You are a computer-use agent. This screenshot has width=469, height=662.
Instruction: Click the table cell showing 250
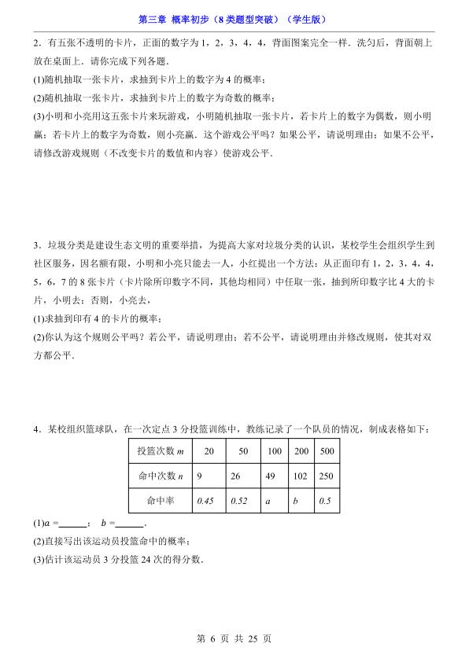point(327,476)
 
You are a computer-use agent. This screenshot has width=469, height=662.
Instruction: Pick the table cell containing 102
point(301,476)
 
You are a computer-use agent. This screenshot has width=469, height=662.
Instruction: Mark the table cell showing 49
point(273,476)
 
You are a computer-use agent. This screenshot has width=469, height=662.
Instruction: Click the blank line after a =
point(72,524)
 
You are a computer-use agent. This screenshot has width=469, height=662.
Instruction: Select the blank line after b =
point(129,524)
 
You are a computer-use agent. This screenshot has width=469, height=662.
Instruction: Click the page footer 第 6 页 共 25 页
point(234,639)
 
